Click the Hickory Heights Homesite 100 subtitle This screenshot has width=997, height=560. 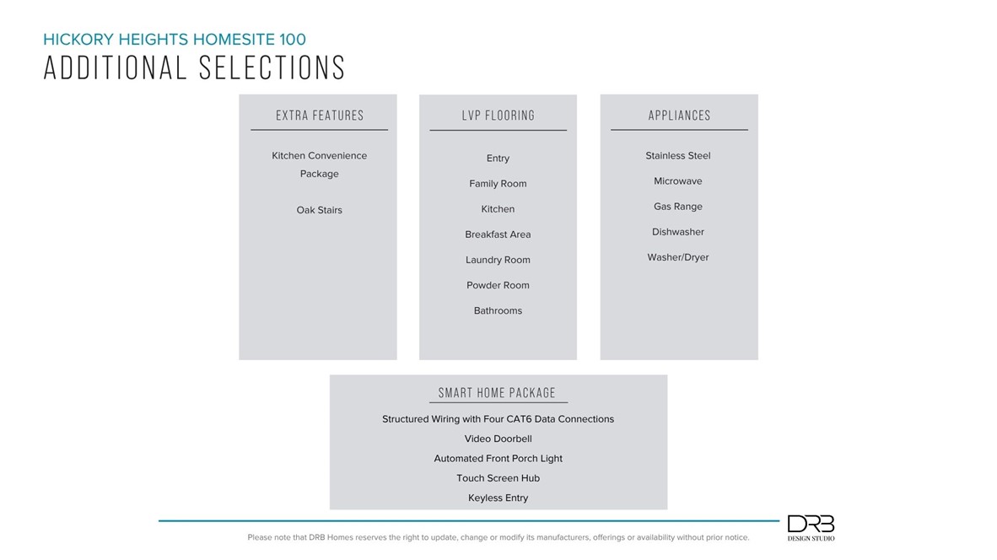click(x=175, y=39)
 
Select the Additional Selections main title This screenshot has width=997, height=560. click(x=194, y=67)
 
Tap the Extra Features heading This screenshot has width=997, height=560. click(x=320, y=116)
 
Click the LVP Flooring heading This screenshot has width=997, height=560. click(x=498, y=116)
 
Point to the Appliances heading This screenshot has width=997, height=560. click(x=679, y=116)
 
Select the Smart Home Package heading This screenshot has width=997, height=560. click(x=497, y=393)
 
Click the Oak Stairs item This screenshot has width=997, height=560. click(x=319, y=210)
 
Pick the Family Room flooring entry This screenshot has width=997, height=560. click(x=498, y=184)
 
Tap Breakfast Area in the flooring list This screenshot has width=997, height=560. click(x=498, y=234)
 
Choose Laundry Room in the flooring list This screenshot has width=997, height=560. click(x=498, y=260)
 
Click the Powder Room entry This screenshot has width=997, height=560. click(x=498, y=285)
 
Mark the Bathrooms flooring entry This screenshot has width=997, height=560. click(x=498, y=310)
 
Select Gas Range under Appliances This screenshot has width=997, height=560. click(x=677, y=207)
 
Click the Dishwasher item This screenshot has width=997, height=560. click(x=677, y=232)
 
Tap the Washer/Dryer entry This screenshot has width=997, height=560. click(x=677, y=257)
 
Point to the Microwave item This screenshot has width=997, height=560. click(x=677, y=181)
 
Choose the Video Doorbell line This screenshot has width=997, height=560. click(x=498, y=439)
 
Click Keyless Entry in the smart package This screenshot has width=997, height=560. click(x=498, y=498)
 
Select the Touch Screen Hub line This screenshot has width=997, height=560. click(x=498, y=478)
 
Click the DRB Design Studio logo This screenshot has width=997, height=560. click(x=811, y=528)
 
